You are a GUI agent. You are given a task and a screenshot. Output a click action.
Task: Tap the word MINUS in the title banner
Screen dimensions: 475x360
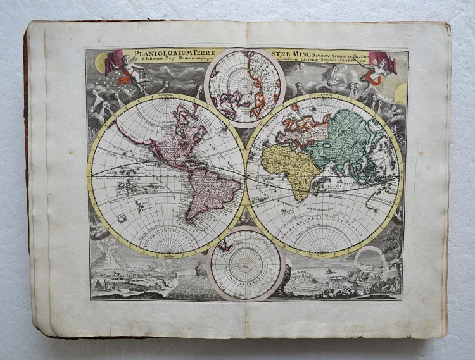tap(308, 53)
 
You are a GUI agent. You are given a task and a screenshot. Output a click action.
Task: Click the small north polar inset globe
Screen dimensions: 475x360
tap(244, 87)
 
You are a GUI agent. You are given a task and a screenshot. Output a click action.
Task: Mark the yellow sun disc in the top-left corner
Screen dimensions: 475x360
tap(101, 63)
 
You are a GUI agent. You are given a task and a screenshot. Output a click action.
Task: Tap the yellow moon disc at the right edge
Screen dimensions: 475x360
tap(401, 93)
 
